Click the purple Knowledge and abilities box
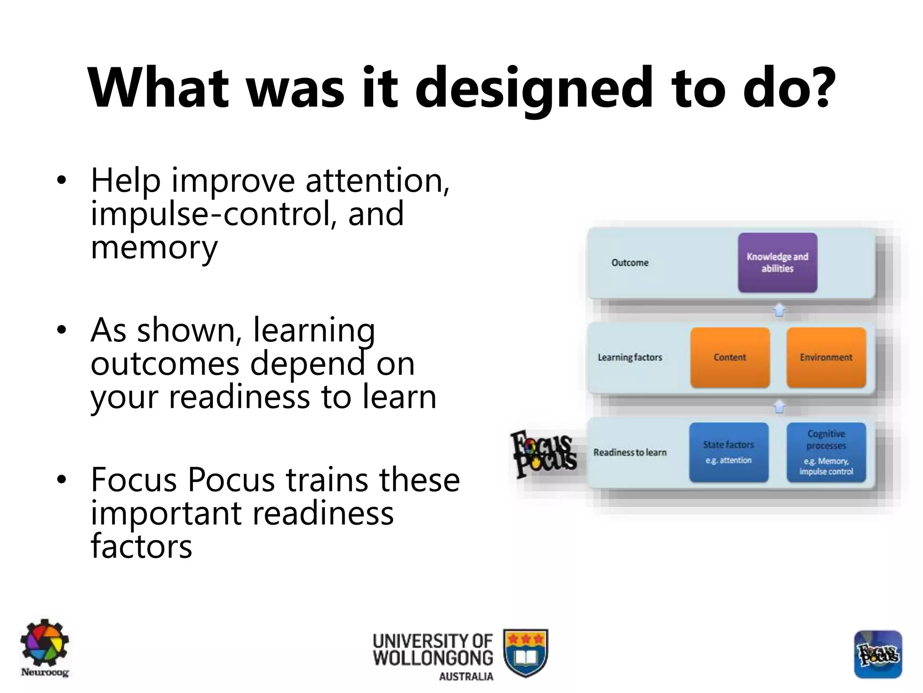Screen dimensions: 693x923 (x=777, y=263)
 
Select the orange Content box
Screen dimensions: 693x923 (x=730, y=357)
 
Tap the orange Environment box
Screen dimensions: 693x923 (x=826, y=357)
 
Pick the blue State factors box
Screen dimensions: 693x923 (x=728, y=452)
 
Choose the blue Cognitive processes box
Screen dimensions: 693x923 (x=826, y=452)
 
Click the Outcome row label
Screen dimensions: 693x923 (x=630, y=263)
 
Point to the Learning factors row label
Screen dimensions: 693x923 (x=630, y=357)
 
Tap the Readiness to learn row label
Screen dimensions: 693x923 (x=630, y=452)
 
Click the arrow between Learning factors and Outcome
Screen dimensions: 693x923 (x=779, y=310)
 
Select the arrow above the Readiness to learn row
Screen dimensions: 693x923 (x=779, y=407)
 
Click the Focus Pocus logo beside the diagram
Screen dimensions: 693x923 (x=544, y=454)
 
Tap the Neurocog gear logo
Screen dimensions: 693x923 (x=44, y=643)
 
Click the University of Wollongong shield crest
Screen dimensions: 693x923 (x=525, y=652)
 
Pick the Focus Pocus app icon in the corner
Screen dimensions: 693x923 (x=877, y=654)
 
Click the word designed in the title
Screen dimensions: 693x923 (x=533, y=88)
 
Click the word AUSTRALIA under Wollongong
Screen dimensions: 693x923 (x=466, y=677)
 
